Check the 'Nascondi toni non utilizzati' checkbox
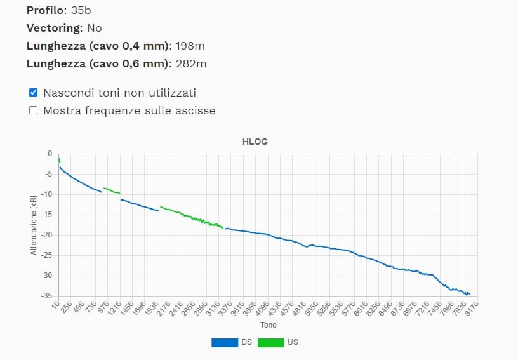(x=34, y=92)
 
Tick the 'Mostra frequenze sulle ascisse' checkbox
(x=34, y=110)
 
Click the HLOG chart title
(x=255, y=142)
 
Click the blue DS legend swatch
(x=224, y=342)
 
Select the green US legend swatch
(x=270, y=342)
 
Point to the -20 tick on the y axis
(x=48, y=235)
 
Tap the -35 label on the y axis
(x=48, y=296)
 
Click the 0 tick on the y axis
(x=50, y=154)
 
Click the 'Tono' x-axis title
(x=269, y=325)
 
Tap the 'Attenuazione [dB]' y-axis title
(x=34, y=225)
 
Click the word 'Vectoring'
(x=54, y=28)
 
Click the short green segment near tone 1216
(x=111, y=190)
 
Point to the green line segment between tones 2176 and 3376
(x=190, y=217)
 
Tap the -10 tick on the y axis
(x=48, y=194)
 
